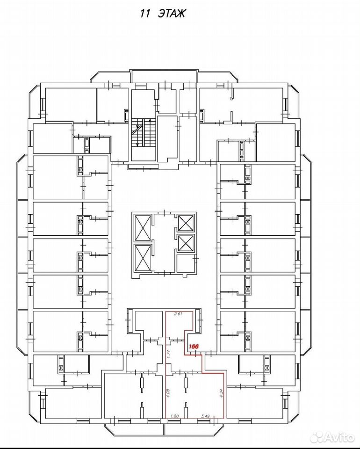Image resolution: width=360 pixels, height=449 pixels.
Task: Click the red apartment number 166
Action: (x=194, y=346)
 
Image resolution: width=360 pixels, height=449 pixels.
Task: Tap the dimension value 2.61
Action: (x=179, y=313)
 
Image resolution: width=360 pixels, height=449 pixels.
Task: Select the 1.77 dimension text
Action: (x=169, y=354)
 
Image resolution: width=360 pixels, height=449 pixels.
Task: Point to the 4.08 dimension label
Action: (x=168, y=392)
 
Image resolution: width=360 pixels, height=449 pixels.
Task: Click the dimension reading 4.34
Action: (x=221, y=392)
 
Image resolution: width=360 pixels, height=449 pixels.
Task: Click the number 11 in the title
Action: (x=145, y=14)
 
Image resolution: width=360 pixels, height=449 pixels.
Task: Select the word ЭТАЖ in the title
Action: (x=172, y=14)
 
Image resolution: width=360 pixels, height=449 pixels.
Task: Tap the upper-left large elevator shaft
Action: (x=143, y=228)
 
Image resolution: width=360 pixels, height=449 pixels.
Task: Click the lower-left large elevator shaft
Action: (x=143, y=258)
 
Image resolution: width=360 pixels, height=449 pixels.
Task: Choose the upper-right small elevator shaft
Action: (x=186, y=223)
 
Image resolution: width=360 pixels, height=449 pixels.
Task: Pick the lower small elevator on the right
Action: (x=186, y=243)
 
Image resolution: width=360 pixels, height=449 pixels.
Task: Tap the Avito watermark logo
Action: (x=332, y=437)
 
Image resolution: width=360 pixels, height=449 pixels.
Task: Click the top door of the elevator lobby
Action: (x=165, y=212)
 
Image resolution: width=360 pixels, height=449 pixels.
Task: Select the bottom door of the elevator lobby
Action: (x=165, y=274)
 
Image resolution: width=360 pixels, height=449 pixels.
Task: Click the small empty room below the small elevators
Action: (x=186, y=263)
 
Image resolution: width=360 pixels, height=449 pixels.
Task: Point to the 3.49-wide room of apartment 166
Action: (x=205, y=396)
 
